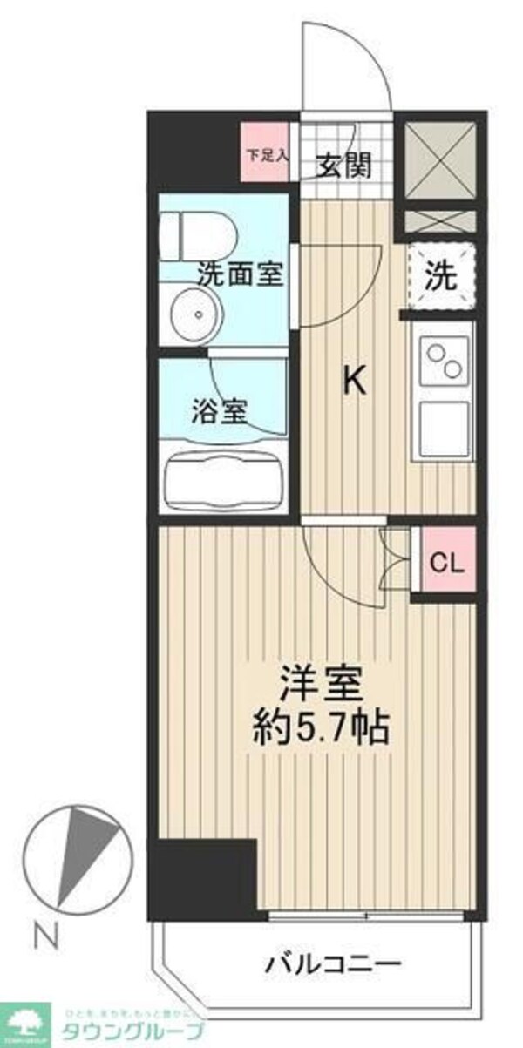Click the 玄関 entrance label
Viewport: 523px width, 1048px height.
(343, 166)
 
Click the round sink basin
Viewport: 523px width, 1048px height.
(194, 314)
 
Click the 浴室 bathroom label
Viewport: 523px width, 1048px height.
(220, 409)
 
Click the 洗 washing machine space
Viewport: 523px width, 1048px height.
(441, 276)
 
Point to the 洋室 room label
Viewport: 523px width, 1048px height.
(320, 682)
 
